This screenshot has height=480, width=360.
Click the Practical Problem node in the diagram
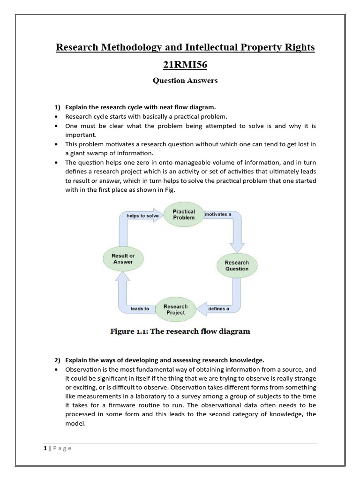tap(184, 215)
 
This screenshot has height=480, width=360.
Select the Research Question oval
tap(237, 266)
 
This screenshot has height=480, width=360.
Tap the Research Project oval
tap(175, 309)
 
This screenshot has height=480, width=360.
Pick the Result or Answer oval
tap(123, 259)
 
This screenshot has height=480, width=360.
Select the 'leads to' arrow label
tap(140, 309)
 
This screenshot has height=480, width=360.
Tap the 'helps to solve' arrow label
tap(143, 216)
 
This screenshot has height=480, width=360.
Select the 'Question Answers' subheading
tap(185, 81)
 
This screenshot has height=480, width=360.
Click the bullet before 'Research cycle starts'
tap(57, 116)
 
